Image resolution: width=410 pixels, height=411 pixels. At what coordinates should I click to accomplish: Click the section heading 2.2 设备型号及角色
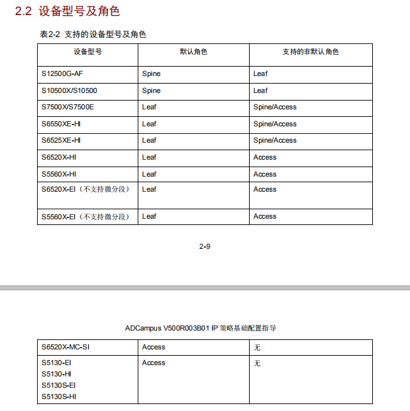pyautogui.click(x=67, y=11)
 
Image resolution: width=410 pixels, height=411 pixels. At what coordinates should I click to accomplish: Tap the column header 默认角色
pyautogui.click(x=194, y=52)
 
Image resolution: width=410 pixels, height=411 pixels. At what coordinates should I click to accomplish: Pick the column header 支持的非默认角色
pyautogui.click(x=310, y=52)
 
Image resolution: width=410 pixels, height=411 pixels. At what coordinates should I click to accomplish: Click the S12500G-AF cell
pyautogui.click(x=62, y=74)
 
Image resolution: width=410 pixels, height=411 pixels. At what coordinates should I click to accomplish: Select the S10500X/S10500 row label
pyautogui.click(x=69, y=90)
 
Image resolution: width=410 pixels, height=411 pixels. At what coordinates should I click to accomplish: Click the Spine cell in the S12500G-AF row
pyautogui.click(x=151, y=74)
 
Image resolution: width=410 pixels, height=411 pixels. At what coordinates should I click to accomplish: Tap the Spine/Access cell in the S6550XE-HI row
pyautogui.click(x=275, y=124)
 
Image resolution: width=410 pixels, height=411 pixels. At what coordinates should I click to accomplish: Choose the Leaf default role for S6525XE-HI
pyautogui.click(x=149, y=140)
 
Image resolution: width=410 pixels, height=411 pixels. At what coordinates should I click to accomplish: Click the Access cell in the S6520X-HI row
pyautogui.click(x=265, y=157)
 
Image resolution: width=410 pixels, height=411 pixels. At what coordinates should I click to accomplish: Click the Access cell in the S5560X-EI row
pyautogui.click(x=265, y=216)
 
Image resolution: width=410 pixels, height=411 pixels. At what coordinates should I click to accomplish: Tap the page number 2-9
pyautogui.click(x=204, y=246)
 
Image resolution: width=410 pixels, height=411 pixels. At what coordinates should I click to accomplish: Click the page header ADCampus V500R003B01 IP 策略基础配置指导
pyautogui.click(x=201, y=328)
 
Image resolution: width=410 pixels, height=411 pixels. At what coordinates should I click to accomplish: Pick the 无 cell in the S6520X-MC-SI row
pyautogui.click(x=257, y=348)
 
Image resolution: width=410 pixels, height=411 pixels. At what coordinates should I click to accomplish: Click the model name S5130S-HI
pyautogui.click(x=58, y=397)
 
